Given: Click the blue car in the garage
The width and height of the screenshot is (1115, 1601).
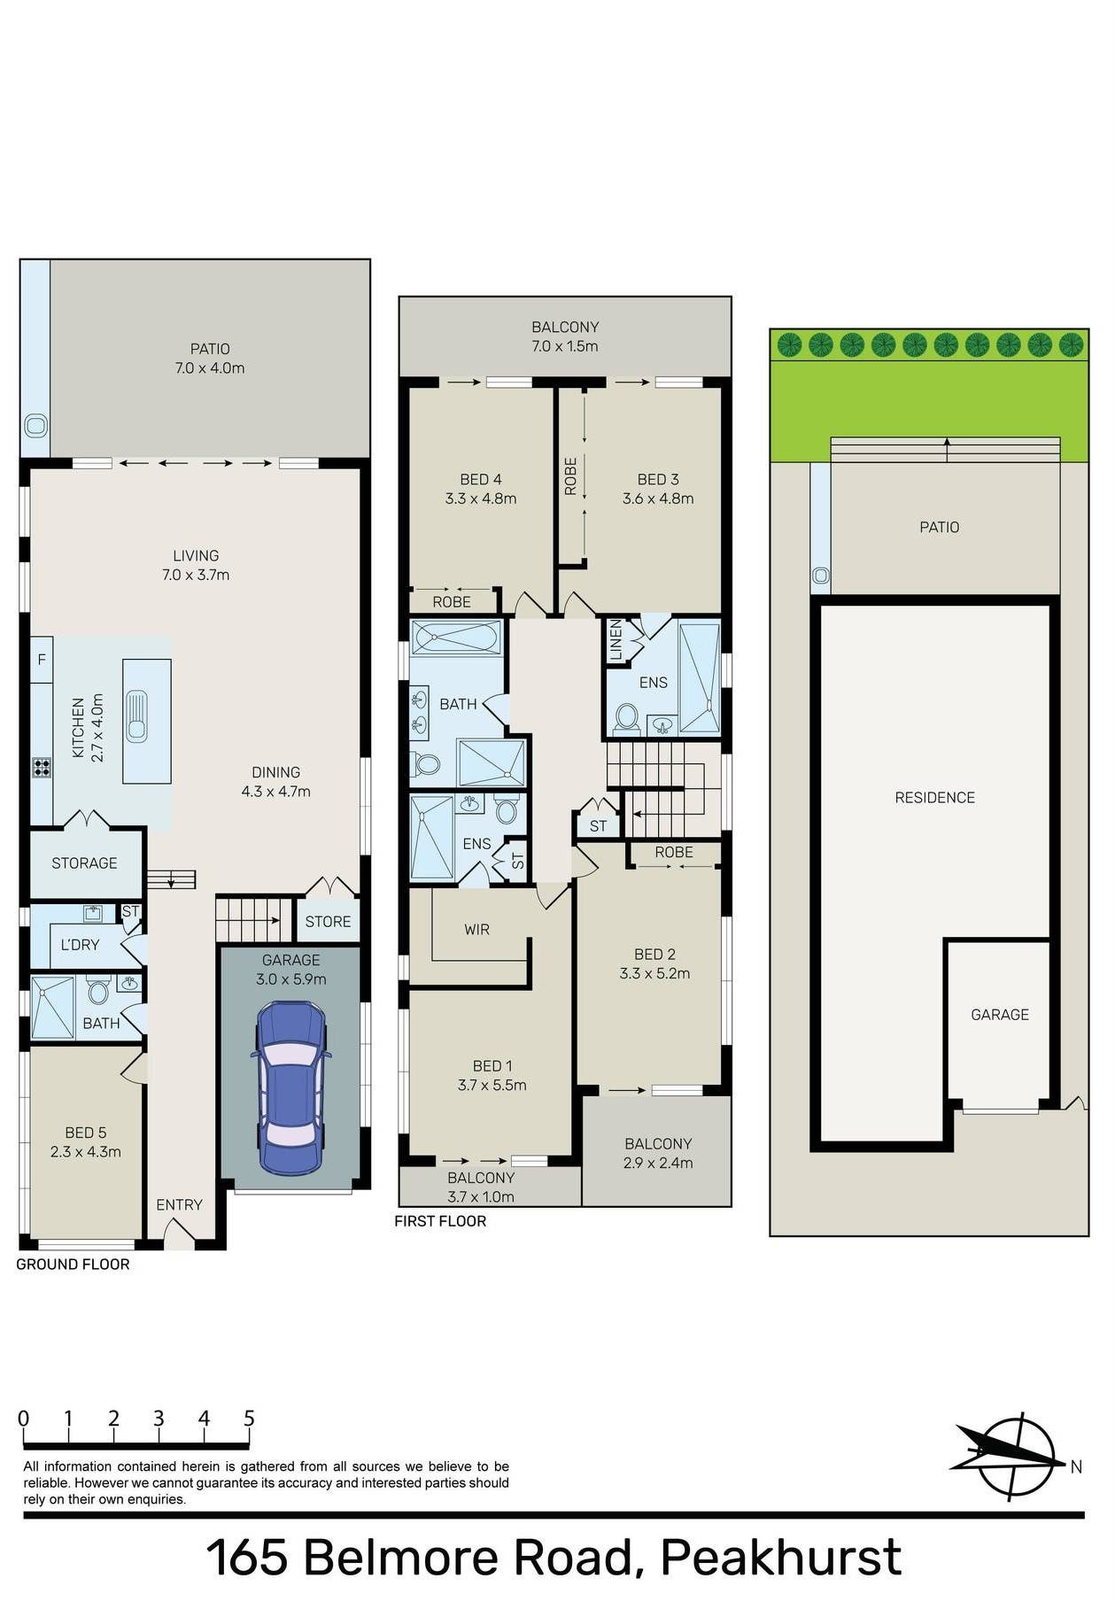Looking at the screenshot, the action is [x=291, y=1087].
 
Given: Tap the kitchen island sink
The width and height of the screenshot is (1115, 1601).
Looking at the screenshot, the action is [x=136, y=715].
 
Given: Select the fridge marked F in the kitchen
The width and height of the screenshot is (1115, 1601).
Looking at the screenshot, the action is [x=42, y=660].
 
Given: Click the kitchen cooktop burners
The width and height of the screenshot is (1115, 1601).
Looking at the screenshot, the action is [x=42, y=767].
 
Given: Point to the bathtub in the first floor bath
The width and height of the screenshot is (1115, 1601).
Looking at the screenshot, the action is [x=457, y=638].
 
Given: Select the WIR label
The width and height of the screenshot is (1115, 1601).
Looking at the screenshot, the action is [x=477, y=930].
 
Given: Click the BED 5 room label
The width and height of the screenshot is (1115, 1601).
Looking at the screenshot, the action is [x=86, y=1133].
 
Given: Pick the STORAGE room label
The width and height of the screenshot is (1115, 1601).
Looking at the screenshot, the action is [x=84, y=863].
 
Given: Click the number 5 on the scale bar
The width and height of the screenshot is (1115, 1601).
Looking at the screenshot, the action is [x=249, y=1419].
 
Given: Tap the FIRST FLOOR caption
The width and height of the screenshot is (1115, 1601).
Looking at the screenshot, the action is [x=440, y=1221].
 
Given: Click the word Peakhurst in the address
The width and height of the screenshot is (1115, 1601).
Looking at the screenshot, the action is [x=781, y=1558].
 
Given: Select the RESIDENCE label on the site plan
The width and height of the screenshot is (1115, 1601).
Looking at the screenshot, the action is [x=934, y=798].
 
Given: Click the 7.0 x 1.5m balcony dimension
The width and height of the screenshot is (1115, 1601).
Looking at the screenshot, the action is [x=565, y=346].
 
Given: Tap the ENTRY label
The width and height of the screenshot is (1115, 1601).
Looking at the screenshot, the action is [x=179, y=1204].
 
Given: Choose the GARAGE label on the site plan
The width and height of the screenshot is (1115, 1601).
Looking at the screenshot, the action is [x=1000, y=1015].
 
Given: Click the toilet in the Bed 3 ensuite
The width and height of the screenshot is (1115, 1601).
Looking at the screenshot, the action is [x=627, y=717].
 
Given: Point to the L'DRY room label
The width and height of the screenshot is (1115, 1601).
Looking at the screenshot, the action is [x=80, y=945].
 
